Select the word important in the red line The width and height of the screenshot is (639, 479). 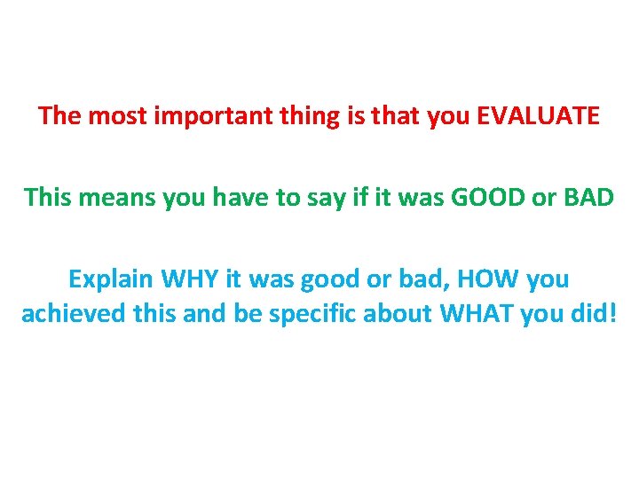coord(197,116)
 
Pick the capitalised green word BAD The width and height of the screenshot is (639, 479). coord(588,197)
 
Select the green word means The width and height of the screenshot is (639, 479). coord(120,197)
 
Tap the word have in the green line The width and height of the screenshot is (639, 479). coord(248,197)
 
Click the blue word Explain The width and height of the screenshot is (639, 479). coord(109,279)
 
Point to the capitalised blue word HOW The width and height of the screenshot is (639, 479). coord(494,279)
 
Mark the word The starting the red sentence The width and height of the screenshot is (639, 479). coord(59,116)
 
